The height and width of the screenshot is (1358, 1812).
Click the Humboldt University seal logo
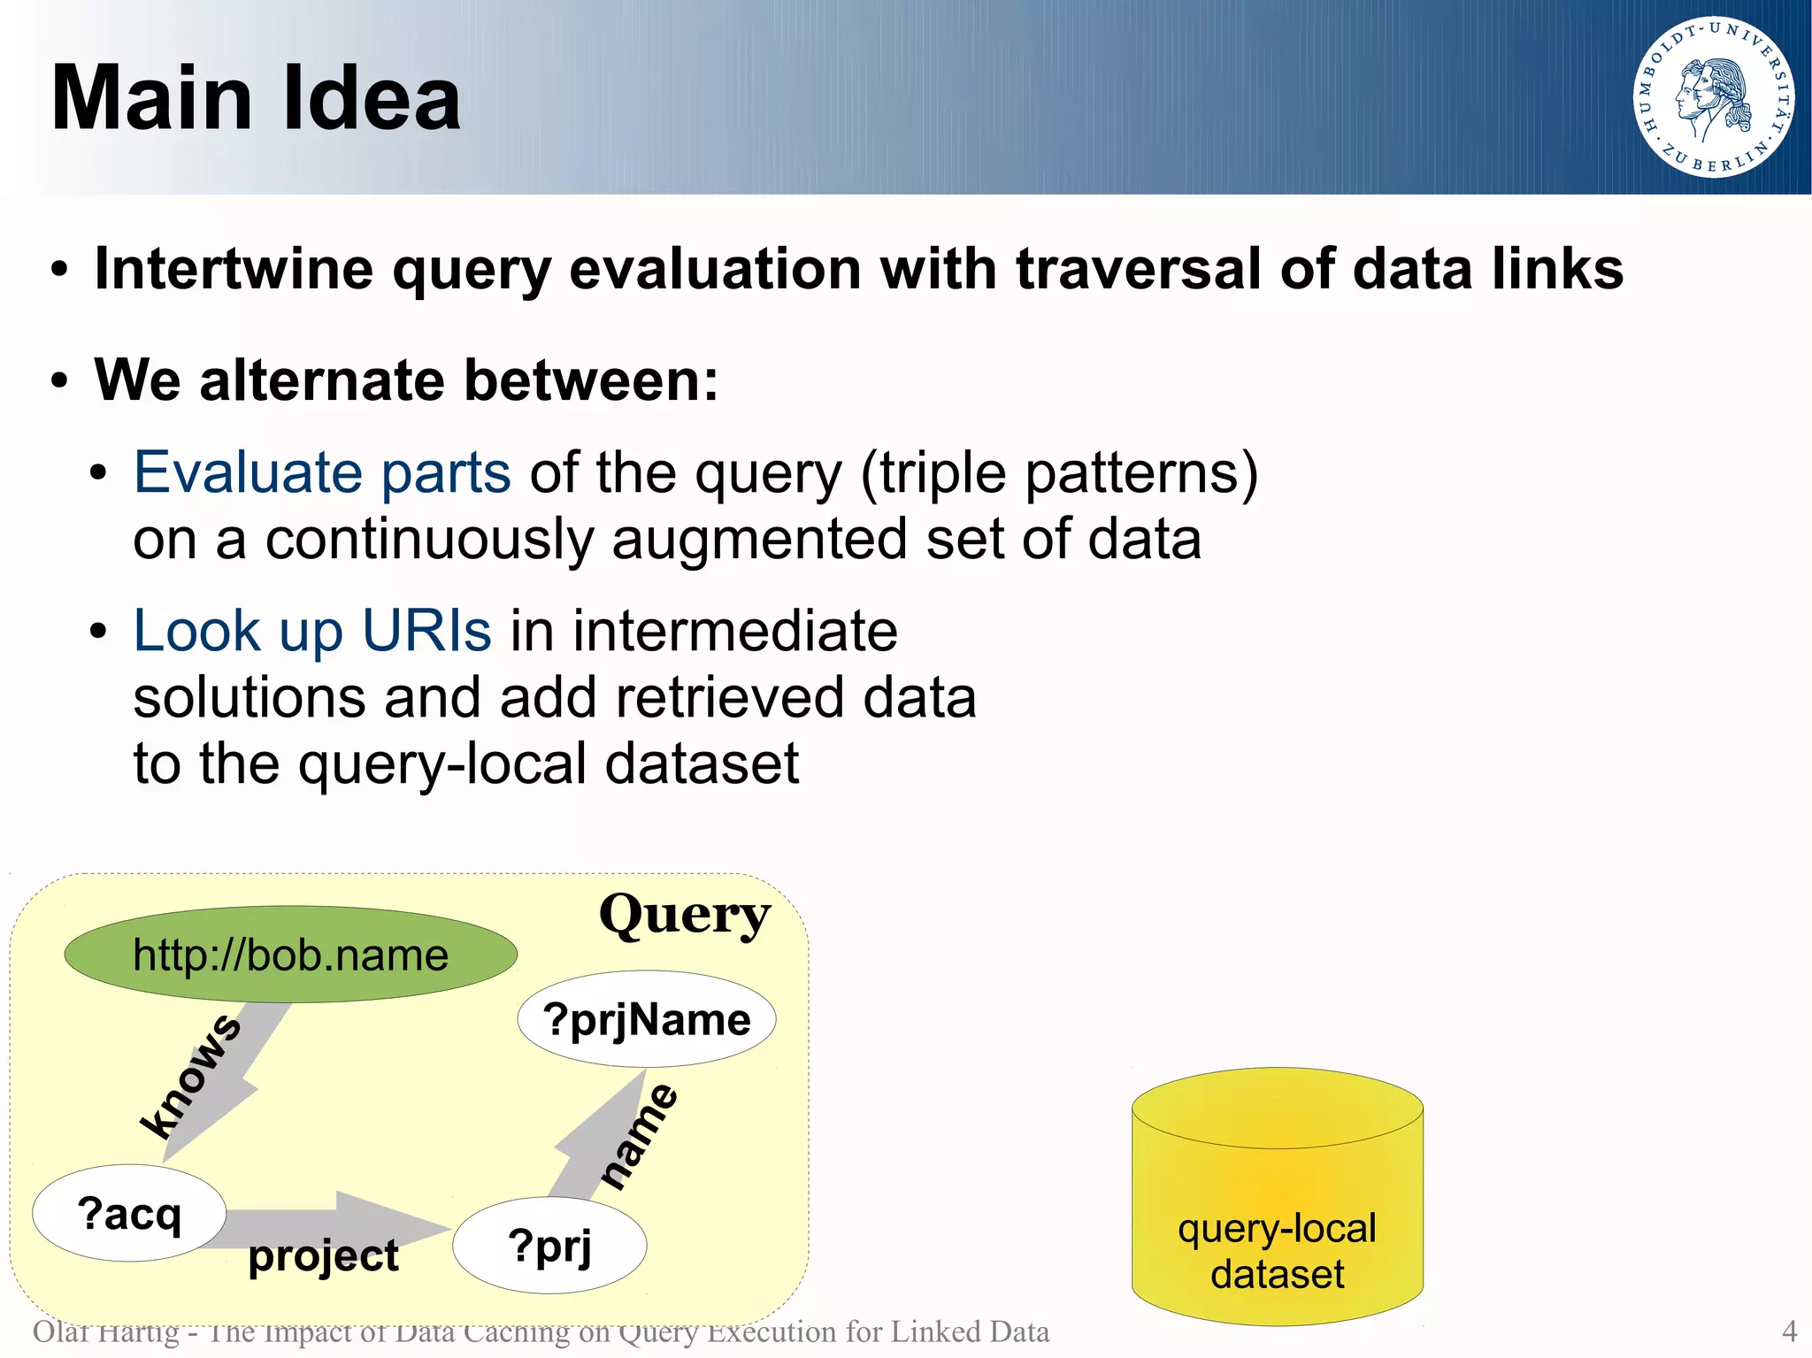(1713, 97)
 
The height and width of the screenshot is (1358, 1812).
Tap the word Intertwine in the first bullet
(234, 269)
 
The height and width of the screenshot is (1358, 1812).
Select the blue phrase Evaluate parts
(322, 472)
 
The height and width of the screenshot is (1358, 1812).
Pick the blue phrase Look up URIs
(311, 631)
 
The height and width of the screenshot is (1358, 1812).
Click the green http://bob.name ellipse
(290, 955)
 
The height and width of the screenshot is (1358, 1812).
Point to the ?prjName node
(647, 1019)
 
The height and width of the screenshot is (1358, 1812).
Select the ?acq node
(129, 1213)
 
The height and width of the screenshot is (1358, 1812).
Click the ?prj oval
(549, 1246)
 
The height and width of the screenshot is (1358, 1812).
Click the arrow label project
(323, 1255)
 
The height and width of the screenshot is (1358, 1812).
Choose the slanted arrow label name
(639, 1136)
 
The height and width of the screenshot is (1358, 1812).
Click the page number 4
(1789, 1331)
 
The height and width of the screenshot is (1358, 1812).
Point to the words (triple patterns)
(1059, 472)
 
